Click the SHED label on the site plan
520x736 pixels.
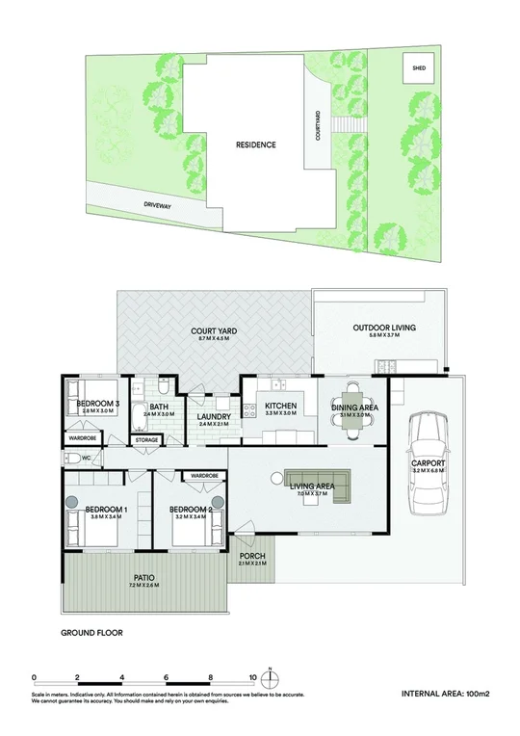click(418, 69)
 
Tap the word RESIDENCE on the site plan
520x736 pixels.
click(255, 145)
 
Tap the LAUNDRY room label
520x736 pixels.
click(215, 417)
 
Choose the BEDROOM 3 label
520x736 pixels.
click(98, 404)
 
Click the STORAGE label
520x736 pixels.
click(147, 440)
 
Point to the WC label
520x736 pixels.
click(86, 459)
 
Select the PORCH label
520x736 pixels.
click(251, 556)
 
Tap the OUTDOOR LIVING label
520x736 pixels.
click(384, 329)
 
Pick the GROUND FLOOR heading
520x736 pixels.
click(91, 634)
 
